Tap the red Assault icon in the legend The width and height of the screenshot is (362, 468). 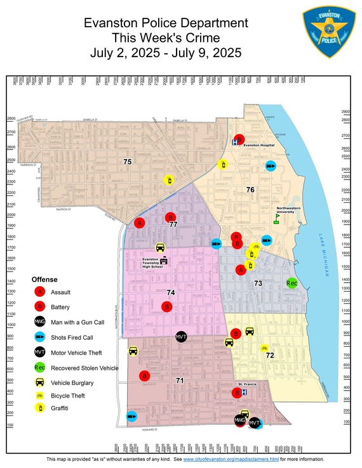click(40, 292)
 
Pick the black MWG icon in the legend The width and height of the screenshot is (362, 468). click(40, 322)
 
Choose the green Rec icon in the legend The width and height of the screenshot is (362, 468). click(40, 367)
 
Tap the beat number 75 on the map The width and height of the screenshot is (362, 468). click(128, 162)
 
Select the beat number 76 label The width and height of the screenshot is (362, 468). click(250, 190)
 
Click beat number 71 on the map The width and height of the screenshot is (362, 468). click(180, 380)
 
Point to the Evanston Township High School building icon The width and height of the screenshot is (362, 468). click(163, 261)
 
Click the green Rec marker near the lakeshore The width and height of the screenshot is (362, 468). click(292, 283)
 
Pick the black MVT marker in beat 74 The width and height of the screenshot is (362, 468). click(181, 336)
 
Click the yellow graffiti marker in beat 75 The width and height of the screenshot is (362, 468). click(168, 180)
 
